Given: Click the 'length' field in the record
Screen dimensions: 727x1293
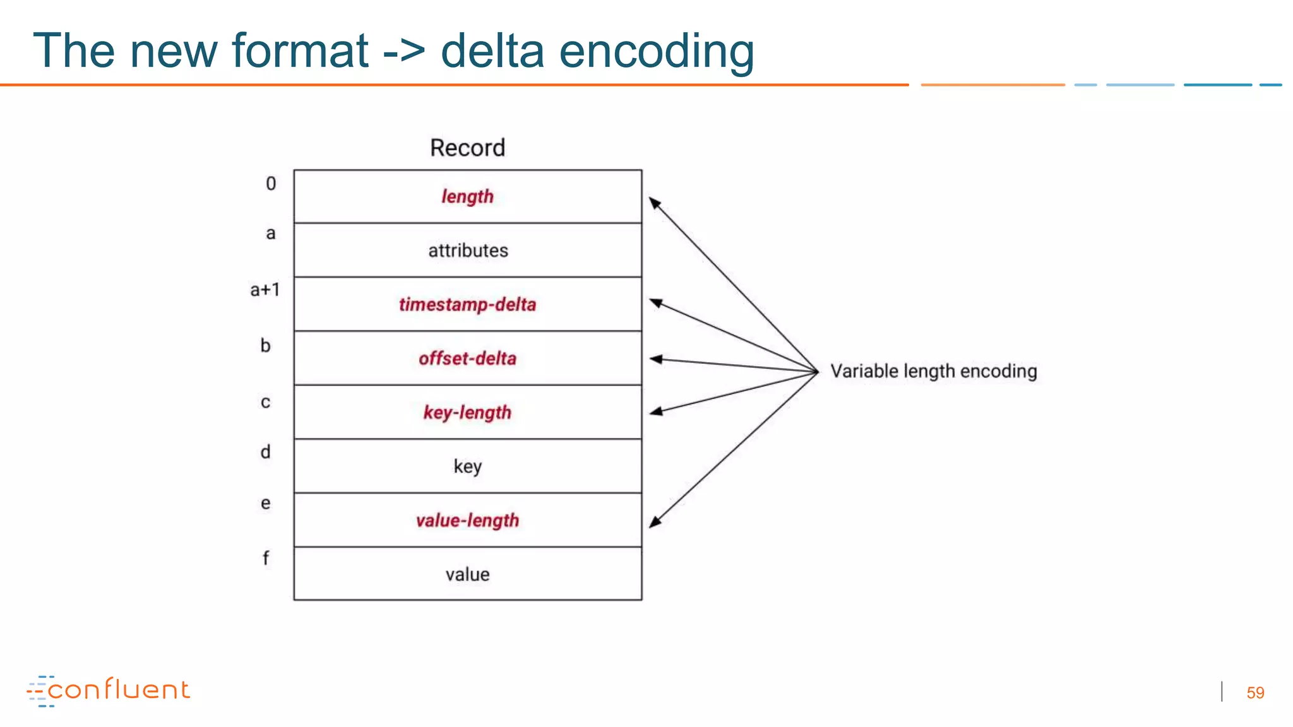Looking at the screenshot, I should pos(467,196).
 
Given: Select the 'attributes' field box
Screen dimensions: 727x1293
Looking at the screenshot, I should pos(467,251).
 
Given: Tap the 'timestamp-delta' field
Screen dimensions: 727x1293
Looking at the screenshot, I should pos(467,304).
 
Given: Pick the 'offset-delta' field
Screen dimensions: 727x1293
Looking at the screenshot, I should pos(467,358).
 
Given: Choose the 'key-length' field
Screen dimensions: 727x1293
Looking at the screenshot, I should pos(467,412).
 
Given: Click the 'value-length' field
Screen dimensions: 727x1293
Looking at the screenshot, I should pos(467,520).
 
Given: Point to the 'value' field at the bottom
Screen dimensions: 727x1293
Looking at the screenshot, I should pos(467,574).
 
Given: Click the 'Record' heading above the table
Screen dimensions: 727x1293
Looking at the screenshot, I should pos(467,148).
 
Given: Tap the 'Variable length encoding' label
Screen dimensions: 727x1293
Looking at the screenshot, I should pos(933,371).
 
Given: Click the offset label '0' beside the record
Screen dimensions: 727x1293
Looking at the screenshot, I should pos(271,184).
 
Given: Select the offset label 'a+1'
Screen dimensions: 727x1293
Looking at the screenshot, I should pos(265,290).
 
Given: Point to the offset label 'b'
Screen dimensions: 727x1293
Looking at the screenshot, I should pos(266,346).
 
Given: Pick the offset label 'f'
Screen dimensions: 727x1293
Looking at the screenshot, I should pos(266,558).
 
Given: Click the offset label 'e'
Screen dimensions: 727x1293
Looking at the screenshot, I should pos(266,503).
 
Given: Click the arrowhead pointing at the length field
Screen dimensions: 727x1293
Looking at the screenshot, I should pos(655,203).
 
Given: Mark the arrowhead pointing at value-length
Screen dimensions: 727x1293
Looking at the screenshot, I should pos(655,522).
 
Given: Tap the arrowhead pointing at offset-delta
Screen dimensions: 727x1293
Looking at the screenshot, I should pos(656,359).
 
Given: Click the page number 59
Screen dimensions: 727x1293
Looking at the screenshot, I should pos(1255,693).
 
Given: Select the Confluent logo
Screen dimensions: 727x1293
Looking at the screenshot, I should pos(109,690).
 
